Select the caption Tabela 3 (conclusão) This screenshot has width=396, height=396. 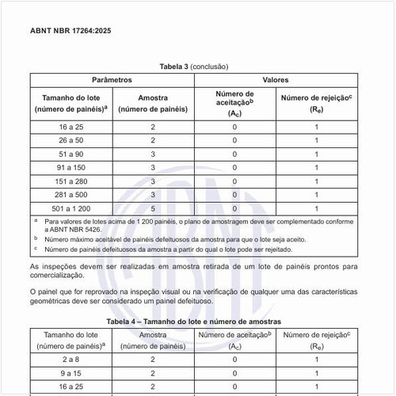[x=197, y=67]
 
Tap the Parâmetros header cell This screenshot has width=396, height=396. [x=112, y=81]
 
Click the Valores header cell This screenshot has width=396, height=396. [x=275, y=81]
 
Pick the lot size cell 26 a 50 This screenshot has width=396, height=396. [x=72, y=140]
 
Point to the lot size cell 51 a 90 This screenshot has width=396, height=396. [x=72, y=154]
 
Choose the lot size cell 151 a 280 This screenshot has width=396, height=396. [x=72, y=181]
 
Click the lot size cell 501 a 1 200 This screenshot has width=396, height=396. [x=72, y=208]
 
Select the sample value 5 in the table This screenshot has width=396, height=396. [x=152, y=208]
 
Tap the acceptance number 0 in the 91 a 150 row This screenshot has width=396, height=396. [x=234, y=167]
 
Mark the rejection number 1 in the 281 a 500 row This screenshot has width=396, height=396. [x=316, y=194]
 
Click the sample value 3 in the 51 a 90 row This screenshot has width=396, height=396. [x=152, y=154]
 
